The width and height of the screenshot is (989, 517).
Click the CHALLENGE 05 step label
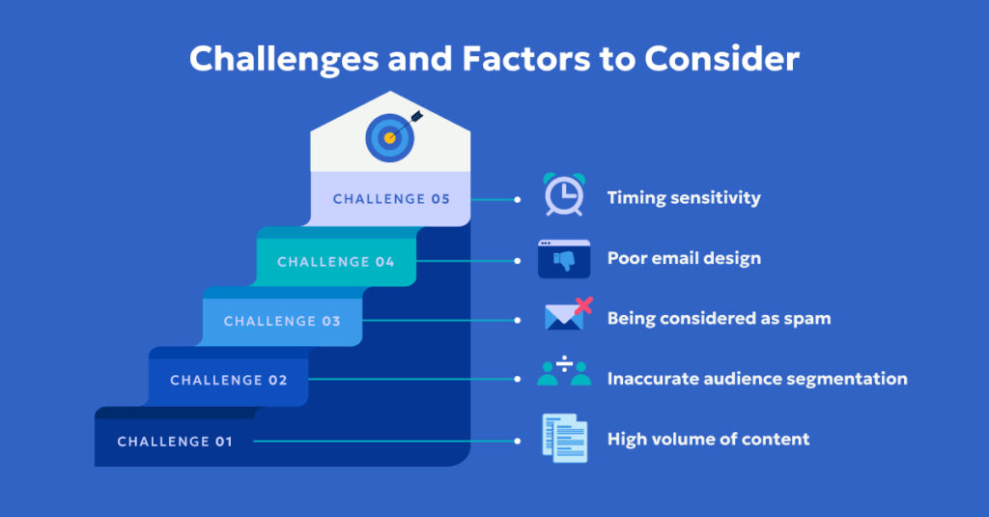pos(391,199)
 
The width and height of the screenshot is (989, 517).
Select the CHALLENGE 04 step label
pos(335,262)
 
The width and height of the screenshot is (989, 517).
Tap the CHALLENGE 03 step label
pos(282,322)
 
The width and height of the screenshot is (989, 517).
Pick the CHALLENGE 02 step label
pos(229,381)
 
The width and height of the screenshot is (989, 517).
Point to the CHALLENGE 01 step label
pos(175,442)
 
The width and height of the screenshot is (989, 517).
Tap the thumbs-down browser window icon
pos(563,258)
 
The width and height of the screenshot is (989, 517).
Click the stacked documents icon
pos(564,437)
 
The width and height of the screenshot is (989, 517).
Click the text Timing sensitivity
pos(684,198)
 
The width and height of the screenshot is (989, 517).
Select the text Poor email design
pos(684,258)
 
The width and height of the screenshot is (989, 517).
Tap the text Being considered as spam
pos(719,318)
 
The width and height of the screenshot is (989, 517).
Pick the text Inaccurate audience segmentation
pos(757,379)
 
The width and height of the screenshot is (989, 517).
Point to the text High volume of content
pos(708,440)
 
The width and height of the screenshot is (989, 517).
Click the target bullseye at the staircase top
pos(390,138)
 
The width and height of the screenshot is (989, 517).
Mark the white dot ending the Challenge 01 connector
pos(518,442)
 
